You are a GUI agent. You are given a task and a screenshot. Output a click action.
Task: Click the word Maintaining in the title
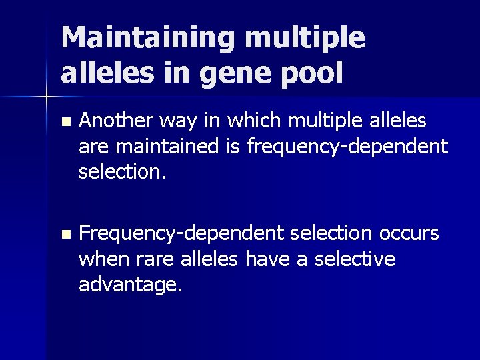click(148, 38)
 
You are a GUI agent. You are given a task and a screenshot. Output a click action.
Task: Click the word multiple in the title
click(305, 38)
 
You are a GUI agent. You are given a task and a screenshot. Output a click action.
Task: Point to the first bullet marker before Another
click(64, 122)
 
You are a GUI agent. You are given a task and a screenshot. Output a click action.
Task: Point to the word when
click(100, 259)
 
